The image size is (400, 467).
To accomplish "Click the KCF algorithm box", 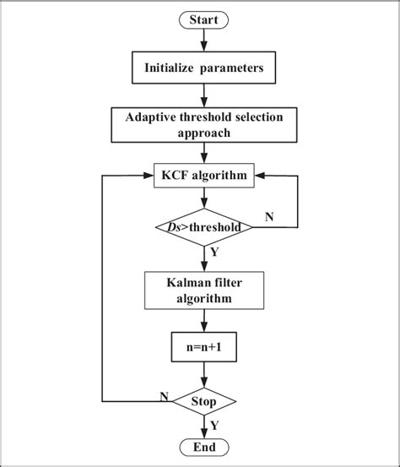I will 203,177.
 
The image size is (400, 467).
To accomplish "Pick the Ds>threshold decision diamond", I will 203,227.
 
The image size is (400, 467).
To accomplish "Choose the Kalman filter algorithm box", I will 203,290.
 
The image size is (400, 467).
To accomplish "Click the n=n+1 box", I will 203,345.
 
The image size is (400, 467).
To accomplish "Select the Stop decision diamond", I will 203,400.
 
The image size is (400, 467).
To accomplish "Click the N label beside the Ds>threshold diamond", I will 269,217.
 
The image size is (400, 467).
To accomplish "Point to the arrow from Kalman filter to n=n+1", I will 203,320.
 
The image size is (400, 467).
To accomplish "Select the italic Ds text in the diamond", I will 172,227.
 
